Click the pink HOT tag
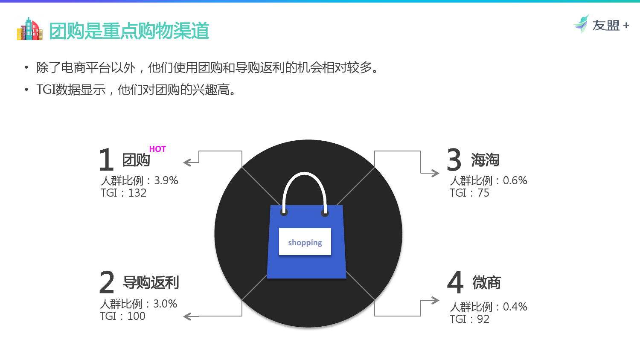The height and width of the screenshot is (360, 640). [x=157, y=149]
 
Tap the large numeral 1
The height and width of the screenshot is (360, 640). [x=106, y=160]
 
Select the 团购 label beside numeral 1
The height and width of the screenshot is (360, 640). [x=136, y=160]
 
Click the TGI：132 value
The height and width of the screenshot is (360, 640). [x=123, y=193]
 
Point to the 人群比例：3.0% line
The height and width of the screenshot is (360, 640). [x=139, y=304]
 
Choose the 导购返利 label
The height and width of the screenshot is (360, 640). [x=151, y=282]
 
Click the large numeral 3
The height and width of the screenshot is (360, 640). [x=454, y=160]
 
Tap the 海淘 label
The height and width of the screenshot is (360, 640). [x=485, y=160]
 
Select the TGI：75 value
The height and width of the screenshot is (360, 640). [x=469, y=193]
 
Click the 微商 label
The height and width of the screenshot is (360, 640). [x=486, y=282]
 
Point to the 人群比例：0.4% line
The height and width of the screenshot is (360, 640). [x=489, y=307]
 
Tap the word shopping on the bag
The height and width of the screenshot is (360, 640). [x=305, y=243]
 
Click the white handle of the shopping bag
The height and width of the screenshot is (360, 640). [x=305, y=173]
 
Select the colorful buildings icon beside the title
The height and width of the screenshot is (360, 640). [x=30, y=29]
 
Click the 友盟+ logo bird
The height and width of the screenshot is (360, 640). [x=582, y=24]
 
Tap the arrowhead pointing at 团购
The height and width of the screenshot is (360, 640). [x=187, y=163]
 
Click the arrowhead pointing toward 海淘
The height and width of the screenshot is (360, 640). [x=435, y=173]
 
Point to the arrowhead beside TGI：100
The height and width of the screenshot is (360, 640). [x=187, y=316]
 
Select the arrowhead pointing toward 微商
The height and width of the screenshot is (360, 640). [x=435, y=300]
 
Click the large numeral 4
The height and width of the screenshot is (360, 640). [x=455, y=282]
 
